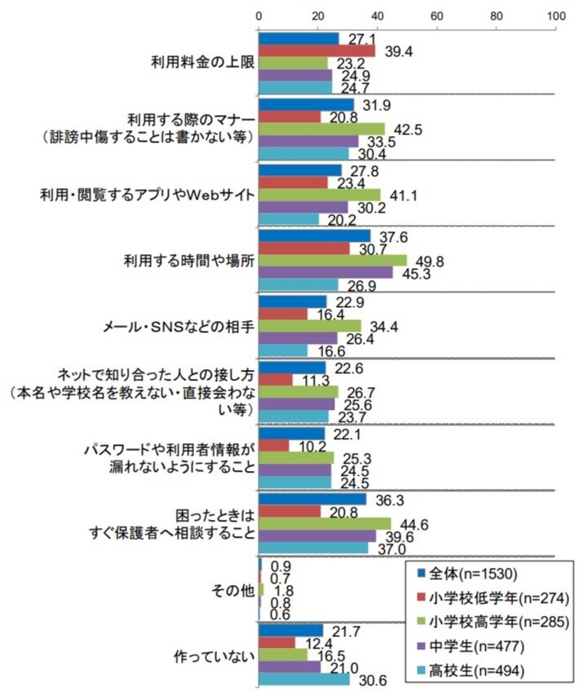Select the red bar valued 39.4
(x=317, y=51)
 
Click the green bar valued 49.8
(x=333, y=260)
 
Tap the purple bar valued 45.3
(x=326, y=272)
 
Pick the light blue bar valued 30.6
(x=304, y=679)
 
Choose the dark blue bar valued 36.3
(x=312, y=499)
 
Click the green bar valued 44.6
(x=325, y=523)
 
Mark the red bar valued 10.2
(x=273, y=446)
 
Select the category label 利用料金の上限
(x=201, y=63)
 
